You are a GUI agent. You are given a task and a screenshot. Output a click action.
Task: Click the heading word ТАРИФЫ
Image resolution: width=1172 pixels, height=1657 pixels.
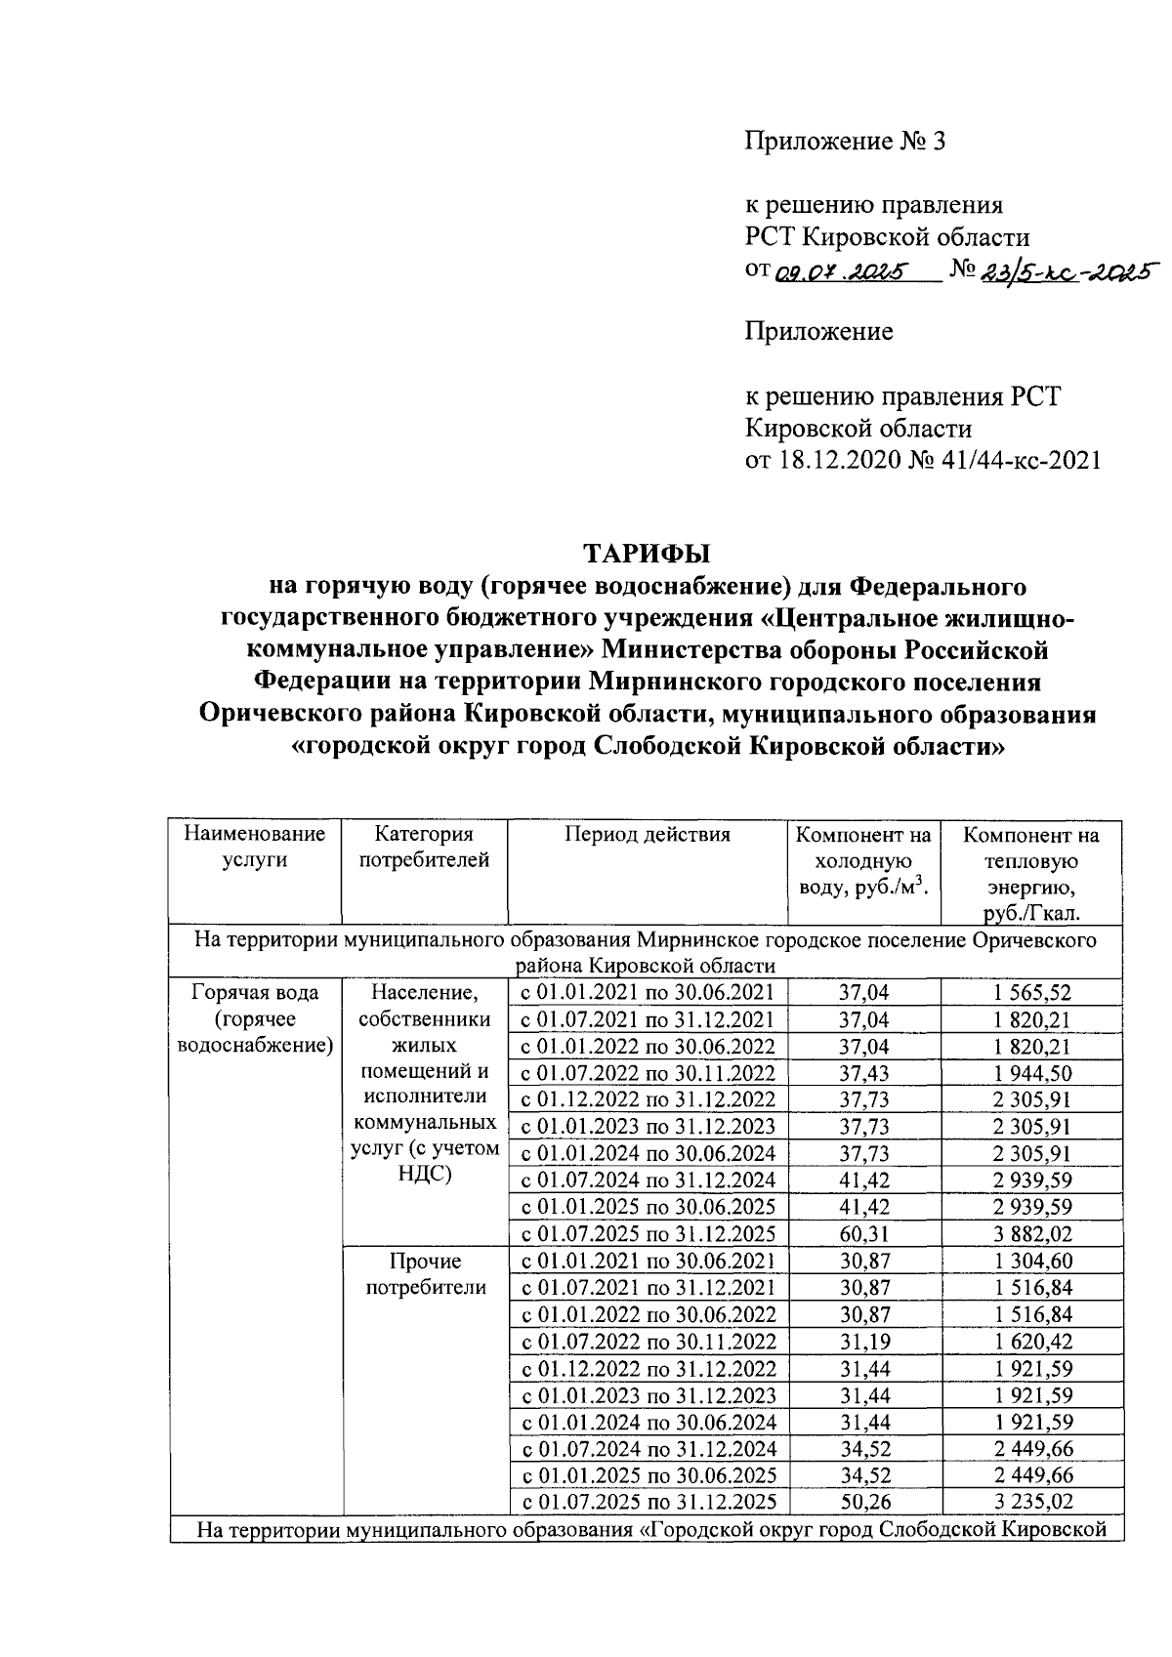(x=647, y=553)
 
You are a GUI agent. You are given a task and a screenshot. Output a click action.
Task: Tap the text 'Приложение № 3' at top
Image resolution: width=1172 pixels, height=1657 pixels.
(x=846, y=143)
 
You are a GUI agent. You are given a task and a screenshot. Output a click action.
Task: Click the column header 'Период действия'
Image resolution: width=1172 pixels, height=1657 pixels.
(x=647, y=835)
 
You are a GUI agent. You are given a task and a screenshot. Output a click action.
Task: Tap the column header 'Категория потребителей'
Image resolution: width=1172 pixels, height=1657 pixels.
(x=424, y=848)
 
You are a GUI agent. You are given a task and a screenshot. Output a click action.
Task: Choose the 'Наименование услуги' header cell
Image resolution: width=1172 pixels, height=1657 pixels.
(x=255, y=848)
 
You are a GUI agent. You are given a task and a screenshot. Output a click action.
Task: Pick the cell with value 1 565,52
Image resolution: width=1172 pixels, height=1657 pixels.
(x=1032, y=993)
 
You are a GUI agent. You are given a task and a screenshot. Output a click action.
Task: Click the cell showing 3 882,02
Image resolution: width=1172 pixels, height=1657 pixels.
(x=1032, y=1233)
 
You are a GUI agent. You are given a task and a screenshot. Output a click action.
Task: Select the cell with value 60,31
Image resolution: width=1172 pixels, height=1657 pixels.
(x=864, y=1233)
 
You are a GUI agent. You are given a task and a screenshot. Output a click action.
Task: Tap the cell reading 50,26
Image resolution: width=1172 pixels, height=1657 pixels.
(x=864, y=1501)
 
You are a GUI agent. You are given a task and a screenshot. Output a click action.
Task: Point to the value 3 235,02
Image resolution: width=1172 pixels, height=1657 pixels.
(x=1032, y=1501)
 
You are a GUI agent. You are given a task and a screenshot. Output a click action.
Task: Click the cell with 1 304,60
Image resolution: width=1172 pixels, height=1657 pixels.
(x=1032, y=1261)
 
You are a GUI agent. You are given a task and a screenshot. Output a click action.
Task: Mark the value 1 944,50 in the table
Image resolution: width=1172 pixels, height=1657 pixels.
(x=1032, y=1073)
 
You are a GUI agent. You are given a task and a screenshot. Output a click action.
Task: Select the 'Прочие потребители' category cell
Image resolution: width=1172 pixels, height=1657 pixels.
(x=425, y=1274)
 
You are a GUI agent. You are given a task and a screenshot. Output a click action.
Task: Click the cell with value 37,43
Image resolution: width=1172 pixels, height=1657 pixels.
(x=864, y=1073)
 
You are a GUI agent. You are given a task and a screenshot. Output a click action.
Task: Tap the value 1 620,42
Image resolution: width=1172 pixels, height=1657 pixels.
(x=1032, y=1341)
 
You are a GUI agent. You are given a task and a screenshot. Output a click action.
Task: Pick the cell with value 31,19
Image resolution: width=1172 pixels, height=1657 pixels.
(x=864, y=1341)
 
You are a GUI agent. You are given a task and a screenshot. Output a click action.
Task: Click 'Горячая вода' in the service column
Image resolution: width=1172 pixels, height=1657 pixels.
(x=255, y=993)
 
